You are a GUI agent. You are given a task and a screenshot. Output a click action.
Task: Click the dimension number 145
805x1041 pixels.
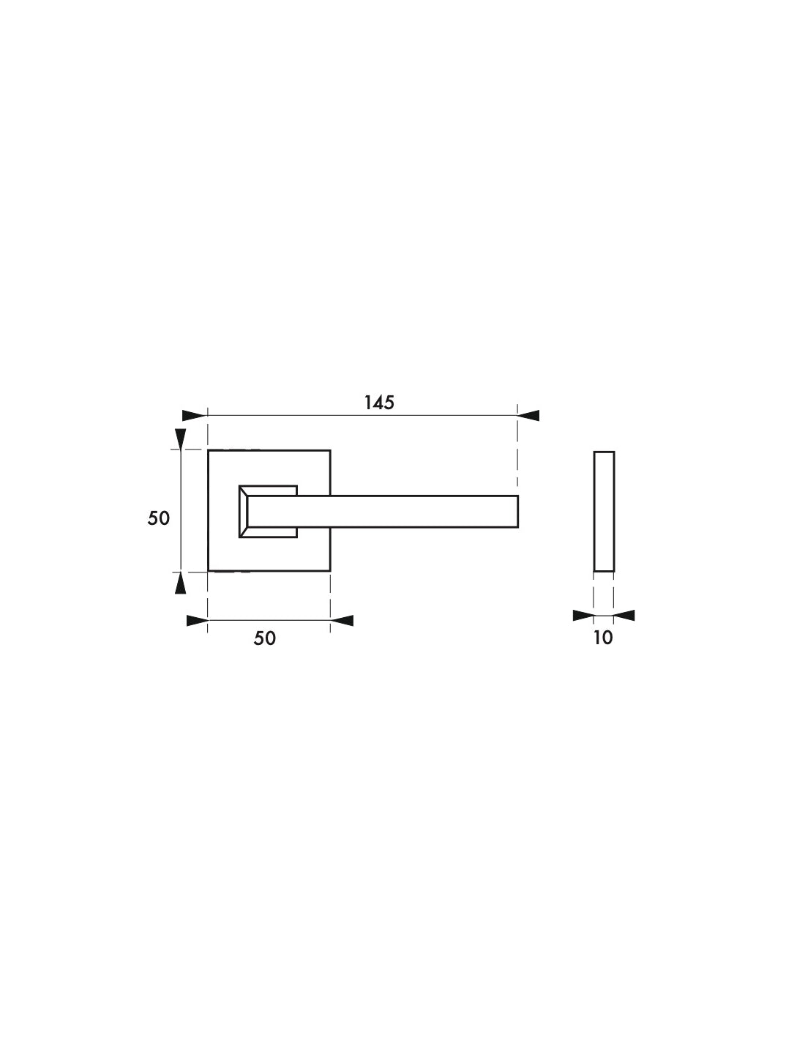379,403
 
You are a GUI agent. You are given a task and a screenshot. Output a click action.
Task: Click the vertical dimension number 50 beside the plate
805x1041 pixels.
159,518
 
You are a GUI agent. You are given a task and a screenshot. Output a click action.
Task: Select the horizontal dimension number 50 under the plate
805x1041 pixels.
265,638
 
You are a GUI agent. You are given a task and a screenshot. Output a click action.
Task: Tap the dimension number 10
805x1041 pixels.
603,638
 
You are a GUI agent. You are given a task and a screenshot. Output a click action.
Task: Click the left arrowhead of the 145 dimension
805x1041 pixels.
195,415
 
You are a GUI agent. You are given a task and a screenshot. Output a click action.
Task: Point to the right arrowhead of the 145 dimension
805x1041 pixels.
528,415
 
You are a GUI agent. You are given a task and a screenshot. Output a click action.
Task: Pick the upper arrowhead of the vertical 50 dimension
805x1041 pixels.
181,439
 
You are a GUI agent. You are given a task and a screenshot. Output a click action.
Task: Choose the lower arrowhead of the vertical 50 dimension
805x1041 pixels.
181,583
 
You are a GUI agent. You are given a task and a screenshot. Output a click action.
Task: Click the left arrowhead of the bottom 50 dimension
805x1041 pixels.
198,620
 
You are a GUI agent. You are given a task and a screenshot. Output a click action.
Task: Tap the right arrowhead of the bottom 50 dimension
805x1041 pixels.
342,620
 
